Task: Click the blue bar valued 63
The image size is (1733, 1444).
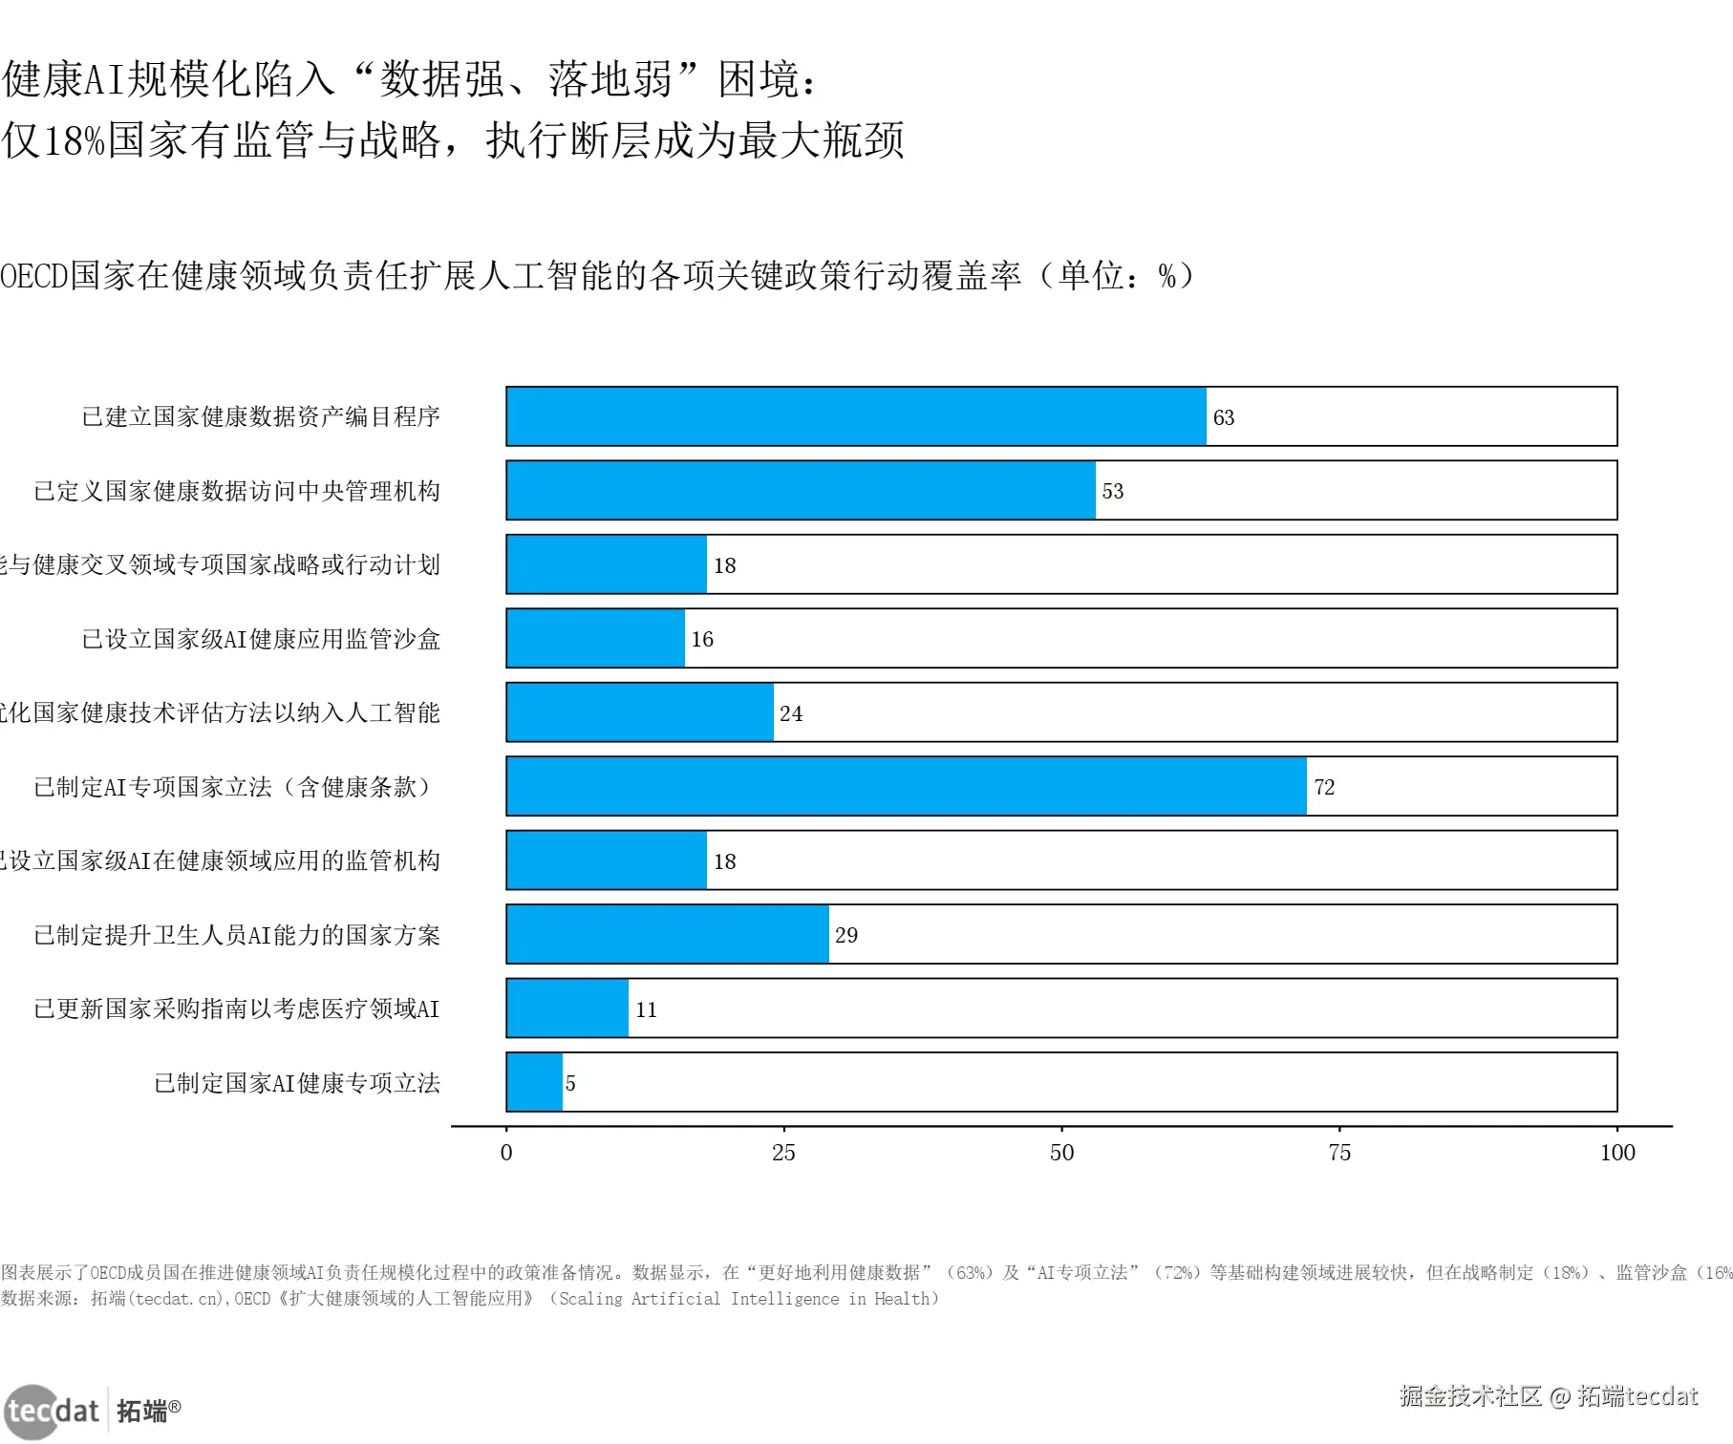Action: [x=856, y=416]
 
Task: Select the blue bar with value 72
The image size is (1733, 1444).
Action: [x=906, y=786]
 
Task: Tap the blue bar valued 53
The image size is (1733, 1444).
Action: [x=801, y=490]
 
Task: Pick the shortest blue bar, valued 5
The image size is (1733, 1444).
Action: [x=534, y=1082]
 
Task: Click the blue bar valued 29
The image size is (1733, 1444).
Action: [x=668, y=934]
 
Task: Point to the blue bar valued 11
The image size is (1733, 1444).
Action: [x=567, y=1009]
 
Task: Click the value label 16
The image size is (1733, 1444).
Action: [x=702, y=639]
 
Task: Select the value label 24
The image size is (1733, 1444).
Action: [x=791, y=713]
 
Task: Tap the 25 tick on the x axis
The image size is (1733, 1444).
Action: [x=783, y=1153]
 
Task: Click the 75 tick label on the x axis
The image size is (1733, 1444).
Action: [x=1339, y=1153]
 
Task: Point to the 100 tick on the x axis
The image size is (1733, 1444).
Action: [x=1617, y=1153]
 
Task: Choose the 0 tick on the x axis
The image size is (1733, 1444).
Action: [x=506, y=1153]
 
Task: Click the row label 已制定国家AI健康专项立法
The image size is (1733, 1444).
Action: [x=297, y=1083]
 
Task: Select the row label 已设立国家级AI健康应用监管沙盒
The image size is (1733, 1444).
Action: [x=261, y=639]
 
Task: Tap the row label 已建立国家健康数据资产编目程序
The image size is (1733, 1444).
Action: [x=261, y=416]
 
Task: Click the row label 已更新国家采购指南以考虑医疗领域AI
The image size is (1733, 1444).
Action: [x=237, y=1009]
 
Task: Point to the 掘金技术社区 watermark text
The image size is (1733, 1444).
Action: [x=1470, y=1396]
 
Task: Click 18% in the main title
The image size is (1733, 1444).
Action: [x=74, y=140]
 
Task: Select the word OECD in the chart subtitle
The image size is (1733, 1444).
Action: [x=34, y=276]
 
